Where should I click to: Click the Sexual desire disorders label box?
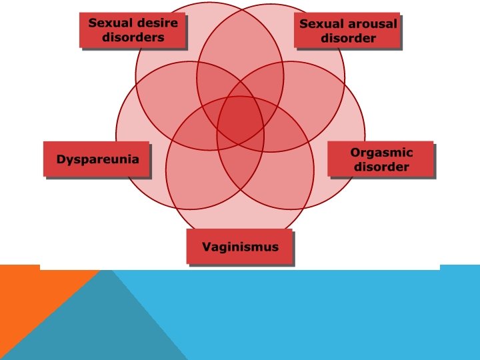click(133, 30)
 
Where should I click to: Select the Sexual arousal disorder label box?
click(347, 31)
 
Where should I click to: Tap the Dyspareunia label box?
click(97, 159)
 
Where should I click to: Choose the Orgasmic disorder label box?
click(381, 159)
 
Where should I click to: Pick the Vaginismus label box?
click(241, 247)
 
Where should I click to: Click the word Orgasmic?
click(381, 153)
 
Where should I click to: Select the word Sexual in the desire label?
click(110, 23)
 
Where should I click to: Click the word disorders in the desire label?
click(133, 37)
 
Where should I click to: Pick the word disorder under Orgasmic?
click(381, 167)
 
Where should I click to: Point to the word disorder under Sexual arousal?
click(348, 38)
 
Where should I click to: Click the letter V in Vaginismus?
click(207, 247)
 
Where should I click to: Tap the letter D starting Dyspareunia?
click(61, 159)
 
